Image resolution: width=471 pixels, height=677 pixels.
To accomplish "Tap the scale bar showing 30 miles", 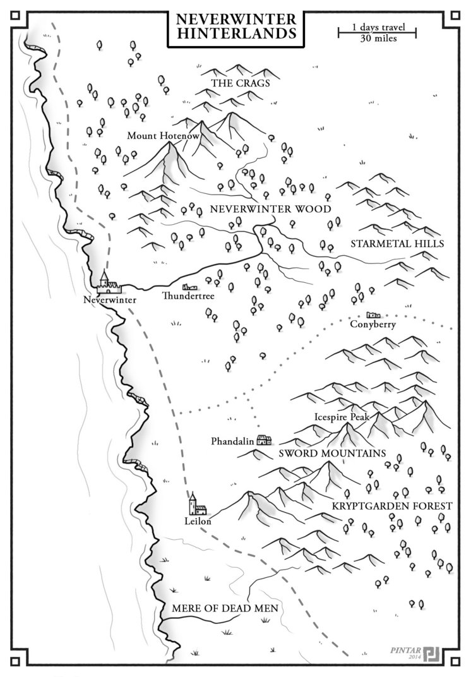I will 378,33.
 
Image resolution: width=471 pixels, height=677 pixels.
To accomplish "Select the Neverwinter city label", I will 110,299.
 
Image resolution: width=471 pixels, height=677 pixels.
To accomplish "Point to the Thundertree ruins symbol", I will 191,286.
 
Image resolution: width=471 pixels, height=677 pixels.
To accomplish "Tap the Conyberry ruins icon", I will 373,315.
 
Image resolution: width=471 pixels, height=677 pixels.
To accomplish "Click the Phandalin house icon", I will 264,440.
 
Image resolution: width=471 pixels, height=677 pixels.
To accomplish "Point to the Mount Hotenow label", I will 155,135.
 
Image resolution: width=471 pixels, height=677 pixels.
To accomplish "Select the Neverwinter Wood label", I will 271,209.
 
